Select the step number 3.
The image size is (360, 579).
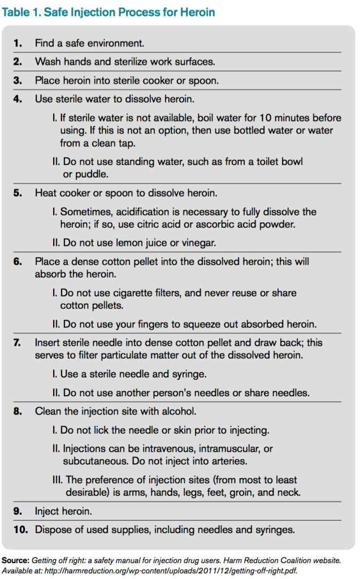pyautogui.click(x=18, y=80)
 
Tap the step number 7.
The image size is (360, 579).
pyautogui.click(x=18, y=343)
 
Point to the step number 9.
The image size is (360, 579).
pyautogui.click(x=18, y=511)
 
